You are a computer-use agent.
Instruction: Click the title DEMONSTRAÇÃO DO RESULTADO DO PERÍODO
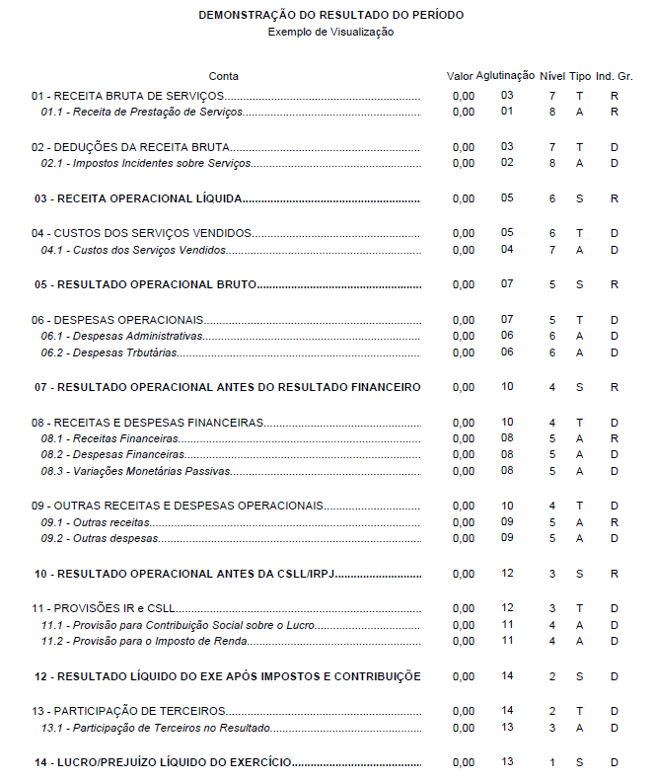tap(330, 16)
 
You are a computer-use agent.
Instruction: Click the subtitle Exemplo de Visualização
tap(330, 32)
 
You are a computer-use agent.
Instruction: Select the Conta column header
tap(224, 76)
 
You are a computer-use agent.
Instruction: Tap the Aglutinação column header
tap(505, 75)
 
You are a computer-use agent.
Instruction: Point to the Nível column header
tap(552, 76)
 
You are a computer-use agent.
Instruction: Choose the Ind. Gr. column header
tap(614, 76)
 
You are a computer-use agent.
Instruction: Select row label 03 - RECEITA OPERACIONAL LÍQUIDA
tap(138, 198)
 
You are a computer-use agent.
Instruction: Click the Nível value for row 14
tap(552, 762)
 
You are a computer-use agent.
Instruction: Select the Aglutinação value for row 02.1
tap(507, 162)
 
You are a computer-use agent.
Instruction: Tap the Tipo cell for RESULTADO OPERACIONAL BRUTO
tap(579, 284)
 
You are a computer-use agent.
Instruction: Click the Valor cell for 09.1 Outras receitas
tap(463, 522)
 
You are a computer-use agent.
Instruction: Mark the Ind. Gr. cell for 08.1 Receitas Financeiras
tap(614, 437)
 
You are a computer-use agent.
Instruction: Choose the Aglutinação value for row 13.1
tap(507, 727)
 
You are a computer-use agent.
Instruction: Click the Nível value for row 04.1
tap(552, 250)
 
